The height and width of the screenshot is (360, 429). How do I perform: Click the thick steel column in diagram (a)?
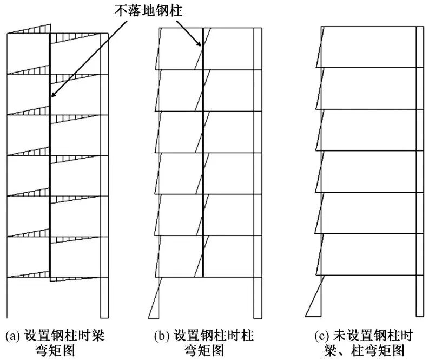(50, 162)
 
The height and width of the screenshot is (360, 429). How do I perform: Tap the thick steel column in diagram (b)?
(202, 162)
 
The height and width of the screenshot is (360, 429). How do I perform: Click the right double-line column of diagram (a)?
(105, 173)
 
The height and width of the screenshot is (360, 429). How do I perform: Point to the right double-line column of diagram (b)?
(259, 173)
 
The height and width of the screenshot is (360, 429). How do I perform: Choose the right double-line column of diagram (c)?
(419, 173)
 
